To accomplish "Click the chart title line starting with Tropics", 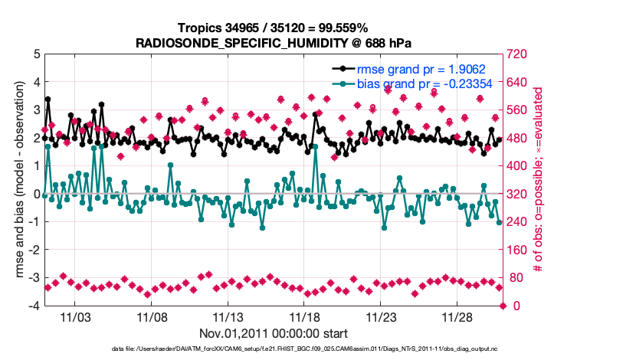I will (274, 28).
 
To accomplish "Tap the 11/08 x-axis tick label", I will (152, 316).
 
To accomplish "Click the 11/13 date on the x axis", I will (228, 316).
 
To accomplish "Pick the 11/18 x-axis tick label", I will (305, 316).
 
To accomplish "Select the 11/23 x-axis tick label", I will (381, 316).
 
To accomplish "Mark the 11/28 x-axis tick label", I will (457, 316).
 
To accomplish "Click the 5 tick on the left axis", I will (36, 55).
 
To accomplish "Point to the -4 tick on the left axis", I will (34, 306).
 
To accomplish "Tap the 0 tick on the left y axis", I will (36, 195).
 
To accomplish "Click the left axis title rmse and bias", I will (15, 180).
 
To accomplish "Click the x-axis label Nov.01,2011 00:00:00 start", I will (274, 333).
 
